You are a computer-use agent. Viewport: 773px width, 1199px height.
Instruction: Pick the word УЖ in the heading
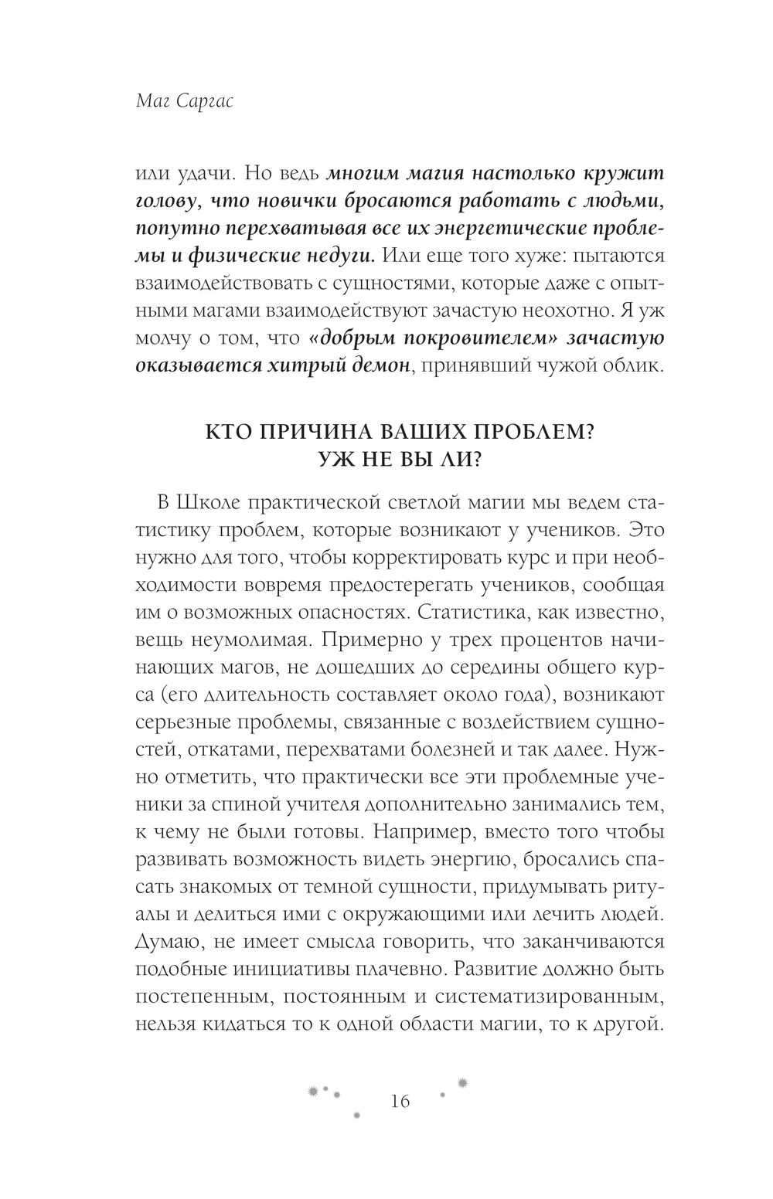(341, 460)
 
